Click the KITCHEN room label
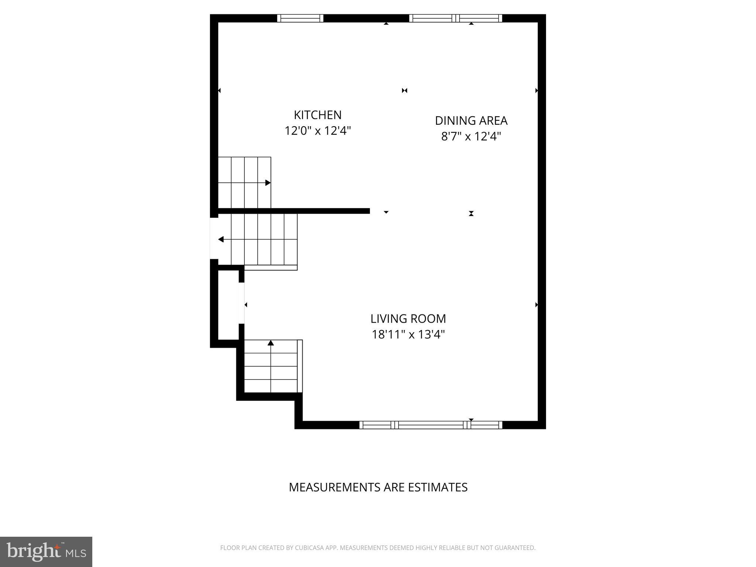(317, 115)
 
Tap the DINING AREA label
(471, 121)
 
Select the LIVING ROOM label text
(408, 319)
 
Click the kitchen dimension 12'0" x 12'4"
(317, 131)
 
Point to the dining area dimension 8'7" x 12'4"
(471, 137)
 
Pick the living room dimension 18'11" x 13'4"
(408, 334)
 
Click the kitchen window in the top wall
(300, 18)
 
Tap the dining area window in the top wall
(456, 18)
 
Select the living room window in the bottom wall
(431, 425)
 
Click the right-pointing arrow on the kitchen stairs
(268, 183)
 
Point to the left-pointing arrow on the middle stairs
(221, 240)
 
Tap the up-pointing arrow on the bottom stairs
(271, 343)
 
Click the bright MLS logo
(46, 552)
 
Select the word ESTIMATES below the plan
(437, 487)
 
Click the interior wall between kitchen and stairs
(293, 211)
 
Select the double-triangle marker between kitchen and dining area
(405, 90)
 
